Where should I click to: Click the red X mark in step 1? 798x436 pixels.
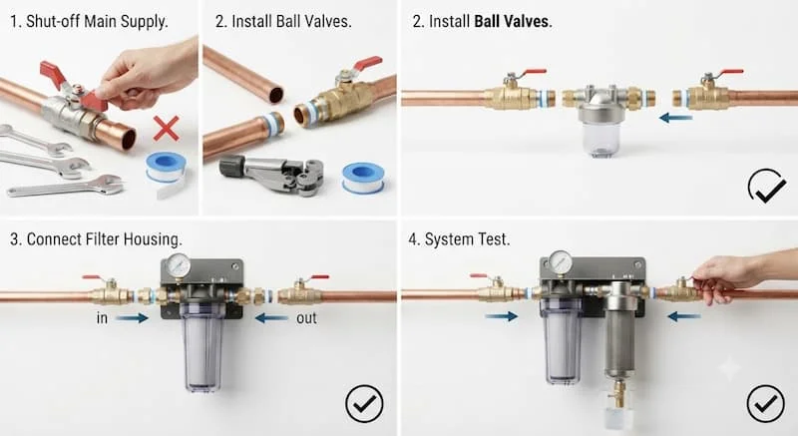point(167,129)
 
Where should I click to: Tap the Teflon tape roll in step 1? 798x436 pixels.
point(166,168)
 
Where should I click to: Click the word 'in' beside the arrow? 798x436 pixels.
point(102,318)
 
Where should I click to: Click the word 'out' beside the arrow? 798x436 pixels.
point(306,318)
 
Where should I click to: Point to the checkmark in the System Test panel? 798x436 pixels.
point(765,403)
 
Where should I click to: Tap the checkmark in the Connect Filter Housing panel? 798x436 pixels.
point(364,403)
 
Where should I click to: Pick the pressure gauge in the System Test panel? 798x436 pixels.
point(561,263)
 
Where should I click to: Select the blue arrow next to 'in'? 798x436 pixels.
point(132,318)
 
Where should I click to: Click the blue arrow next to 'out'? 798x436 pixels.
point(271,318)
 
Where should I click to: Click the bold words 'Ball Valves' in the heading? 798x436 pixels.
point(512,21)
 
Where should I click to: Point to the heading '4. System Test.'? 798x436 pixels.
point(459,239)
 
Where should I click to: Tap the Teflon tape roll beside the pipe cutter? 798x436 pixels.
point(363,178)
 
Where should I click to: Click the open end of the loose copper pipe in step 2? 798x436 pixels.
point(276,95)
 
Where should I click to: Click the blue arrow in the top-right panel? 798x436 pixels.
point(676,118)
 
